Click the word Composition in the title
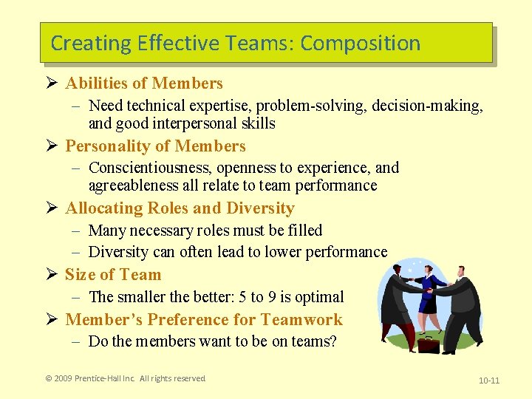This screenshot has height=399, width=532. coord(361,44)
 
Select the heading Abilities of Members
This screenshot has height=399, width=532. coord(144,83)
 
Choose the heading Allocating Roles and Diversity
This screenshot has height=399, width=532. coord(180,208)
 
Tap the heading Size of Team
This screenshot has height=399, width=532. coord(113,275)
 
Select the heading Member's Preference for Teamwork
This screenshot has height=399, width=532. coord(204,319)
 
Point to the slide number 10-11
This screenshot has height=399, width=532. coord(489,381)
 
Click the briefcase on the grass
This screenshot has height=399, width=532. coord(428,344)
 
